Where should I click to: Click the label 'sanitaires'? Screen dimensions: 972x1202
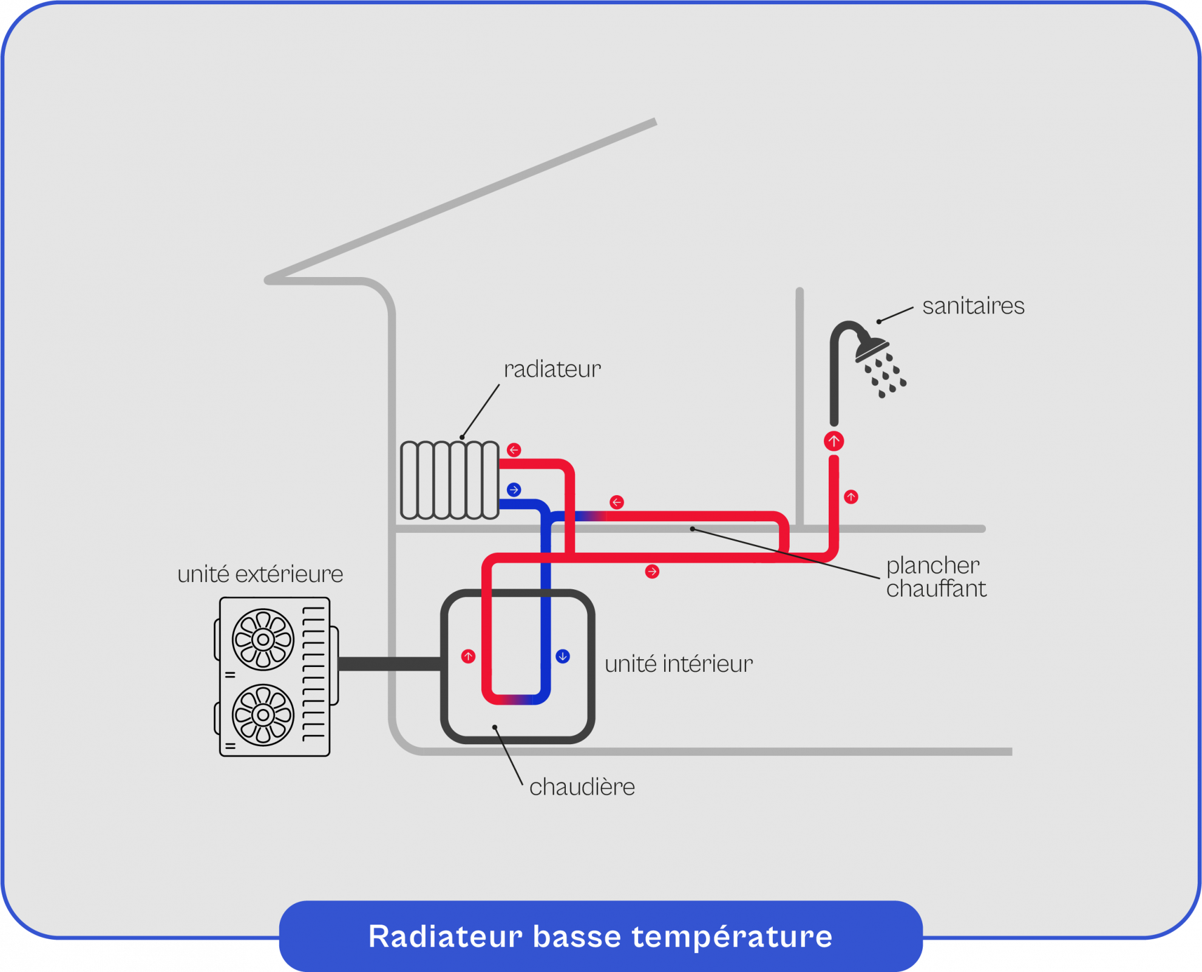[973, 306]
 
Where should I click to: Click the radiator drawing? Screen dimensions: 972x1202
[449, 480]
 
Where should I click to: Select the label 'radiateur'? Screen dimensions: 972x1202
[552, 369]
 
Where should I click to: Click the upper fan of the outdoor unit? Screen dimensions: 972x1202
[263, 639]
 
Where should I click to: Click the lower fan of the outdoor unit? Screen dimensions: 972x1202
[263, 715]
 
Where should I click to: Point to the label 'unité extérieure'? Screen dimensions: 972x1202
[260, 574]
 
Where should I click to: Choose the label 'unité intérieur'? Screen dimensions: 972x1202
[678, 664]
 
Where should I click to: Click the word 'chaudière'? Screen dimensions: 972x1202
[582, 787]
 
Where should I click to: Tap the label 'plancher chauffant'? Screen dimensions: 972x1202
[935, 577]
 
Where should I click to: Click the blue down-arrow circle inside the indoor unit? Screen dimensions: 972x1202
[563, 656]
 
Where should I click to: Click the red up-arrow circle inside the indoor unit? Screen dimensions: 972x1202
[468, 656]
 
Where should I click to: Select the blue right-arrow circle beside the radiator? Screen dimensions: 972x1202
[514, 490]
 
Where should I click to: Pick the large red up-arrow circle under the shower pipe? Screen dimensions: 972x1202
[834, 441]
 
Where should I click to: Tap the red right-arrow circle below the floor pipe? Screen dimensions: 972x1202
[652, 572]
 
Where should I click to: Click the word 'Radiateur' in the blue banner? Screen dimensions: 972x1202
[445, 936]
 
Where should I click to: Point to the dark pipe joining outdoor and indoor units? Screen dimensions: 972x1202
[389, 664]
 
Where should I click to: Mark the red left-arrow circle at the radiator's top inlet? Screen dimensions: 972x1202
[514, 450]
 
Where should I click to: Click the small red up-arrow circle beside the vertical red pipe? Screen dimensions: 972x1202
[851, 497]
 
